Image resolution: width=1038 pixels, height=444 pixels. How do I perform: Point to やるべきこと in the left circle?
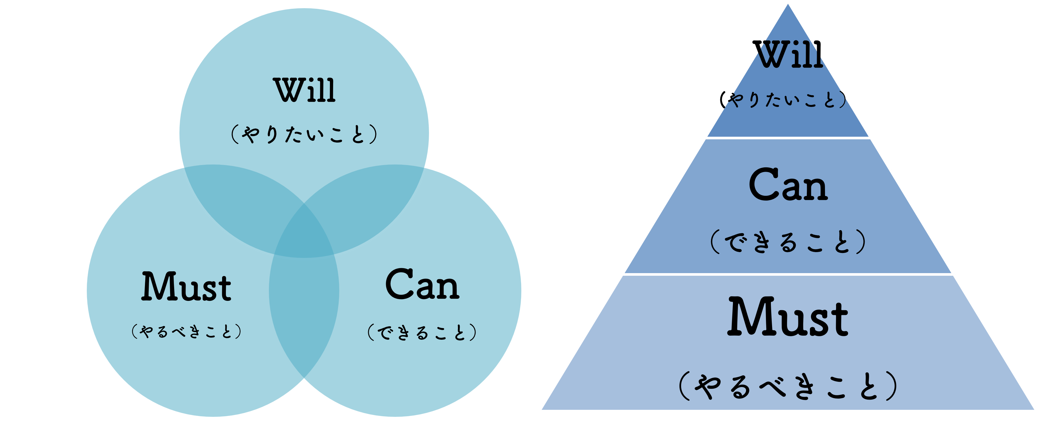186,332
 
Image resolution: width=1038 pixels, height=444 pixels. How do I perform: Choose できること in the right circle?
422,333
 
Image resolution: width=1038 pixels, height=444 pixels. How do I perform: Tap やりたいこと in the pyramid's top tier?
784,100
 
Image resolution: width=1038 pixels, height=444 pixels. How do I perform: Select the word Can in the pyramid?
788,185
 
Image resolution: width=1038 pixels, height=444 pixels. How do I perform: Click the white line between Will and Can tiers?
788,137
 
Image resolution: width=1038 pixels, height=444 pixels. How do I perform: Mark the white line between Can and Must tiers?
788,274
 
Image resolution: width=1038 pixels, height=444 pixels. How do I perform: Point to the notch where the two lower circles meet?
304,379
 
